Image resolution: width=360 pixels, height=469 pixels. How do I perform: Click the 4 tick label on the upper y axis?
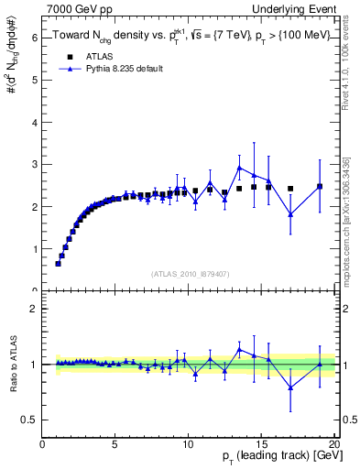coord(34,122)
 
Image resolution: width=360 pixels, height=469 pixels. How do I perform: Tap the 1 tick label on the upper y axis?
coord(34,248)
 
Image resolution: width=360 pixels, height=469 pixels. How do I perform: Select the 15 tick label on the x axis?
coord(261,445)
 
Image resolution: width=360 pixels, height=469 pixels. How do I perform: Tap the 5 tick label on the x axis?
coord(115,445)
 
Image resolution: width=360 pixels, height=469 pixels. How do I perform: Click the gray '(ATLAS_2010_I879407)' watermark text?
coord(189,272)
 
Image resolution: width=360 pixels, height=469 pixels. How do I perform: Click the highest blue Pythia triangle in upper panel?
coord(239,168)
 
